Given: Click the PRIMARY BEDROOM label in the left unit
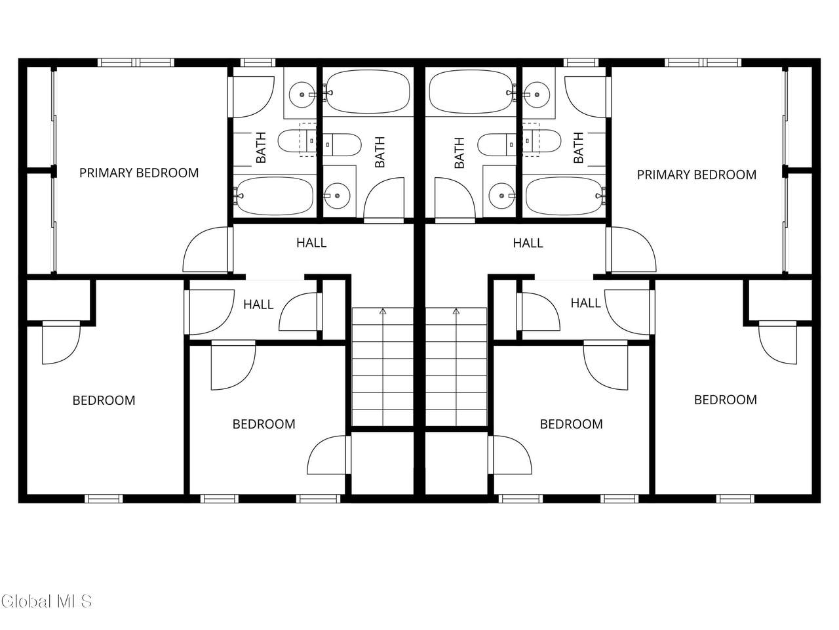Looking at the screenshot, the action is click(139, 173).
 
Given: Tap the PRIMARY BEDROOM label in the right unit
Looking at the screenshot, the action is click(696, 175).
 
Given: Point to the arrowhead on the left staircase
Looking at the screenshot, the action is click(383, 311).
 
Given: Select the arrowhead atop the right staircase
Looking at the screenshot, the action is click(456, 311).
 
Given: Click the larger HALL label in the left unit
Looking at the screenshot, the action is click(311, 243).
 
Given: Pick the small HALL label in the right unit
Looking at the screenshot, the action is click(585, 303).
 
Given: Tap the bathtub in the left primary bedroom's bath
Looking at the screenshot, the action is click(275, 196).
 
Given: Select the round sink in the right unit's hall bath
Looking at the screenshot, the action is click(501, 196).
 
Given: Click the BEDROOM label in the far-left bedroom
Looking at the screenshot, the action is click(104, 400).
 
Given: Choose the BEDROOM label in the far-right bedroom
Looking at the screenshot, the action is click(726, 400).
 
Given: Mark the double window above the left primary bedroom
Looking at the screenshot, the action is click(136, 62).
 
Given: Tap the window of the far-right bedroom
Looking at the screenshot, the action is click(735, 499).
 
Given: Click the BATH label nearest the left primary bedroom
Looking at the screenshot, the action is click(261, 148).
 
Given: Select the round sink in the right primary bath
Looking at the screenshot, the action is click(537, 94).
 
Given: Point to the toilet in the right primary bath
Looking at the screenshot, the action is click(542, 140).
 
